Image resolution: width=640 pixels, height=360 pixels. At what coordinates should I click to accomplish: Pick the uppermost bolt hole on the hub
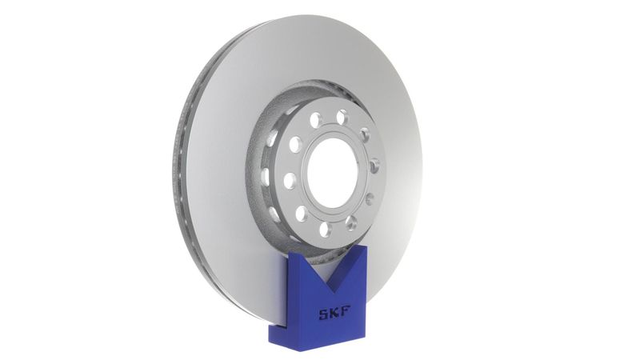point(342,117)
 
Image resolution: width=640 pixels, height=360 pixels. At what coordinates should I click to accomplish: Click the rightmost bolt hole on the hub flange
point(374,166)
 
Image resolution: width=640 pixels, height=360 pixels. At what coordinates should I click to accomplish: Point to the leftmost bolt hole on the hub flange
point(289,181)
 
